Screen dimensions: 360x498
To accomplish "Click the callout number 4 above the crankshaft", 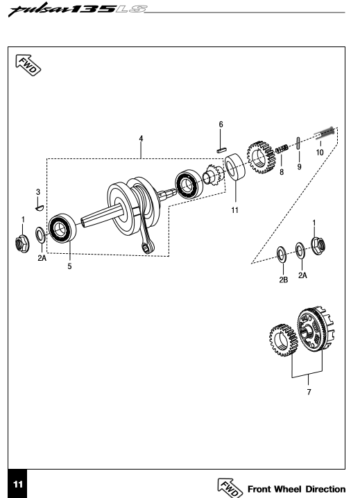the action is (x=141, y=139).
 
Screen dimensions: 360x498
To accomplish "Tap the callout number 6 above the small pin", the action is (x=221, y=124).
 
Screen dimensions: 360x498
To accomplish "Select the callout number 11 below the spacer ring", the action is (x=235, y=210).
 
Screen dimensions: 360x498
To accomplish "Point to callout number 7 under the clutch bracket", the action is (x=309, y=392).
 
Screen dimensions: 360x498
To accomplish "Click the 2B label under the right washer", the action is (x=284, y=280).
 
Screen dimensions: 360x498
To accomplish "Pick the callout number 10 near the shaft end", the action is (x=320, y=153).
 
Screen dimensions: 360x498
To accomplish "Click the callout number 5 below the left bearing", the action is (x=69, y=266).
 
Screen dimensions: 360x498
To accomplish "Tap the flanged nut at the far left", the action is (x=22, y=244).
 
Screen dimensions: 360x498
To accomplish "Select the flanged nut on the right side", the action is (x=318, y=246).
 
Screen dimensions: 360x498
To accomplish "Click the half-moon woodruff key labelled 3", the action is (x=39, y=208).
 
